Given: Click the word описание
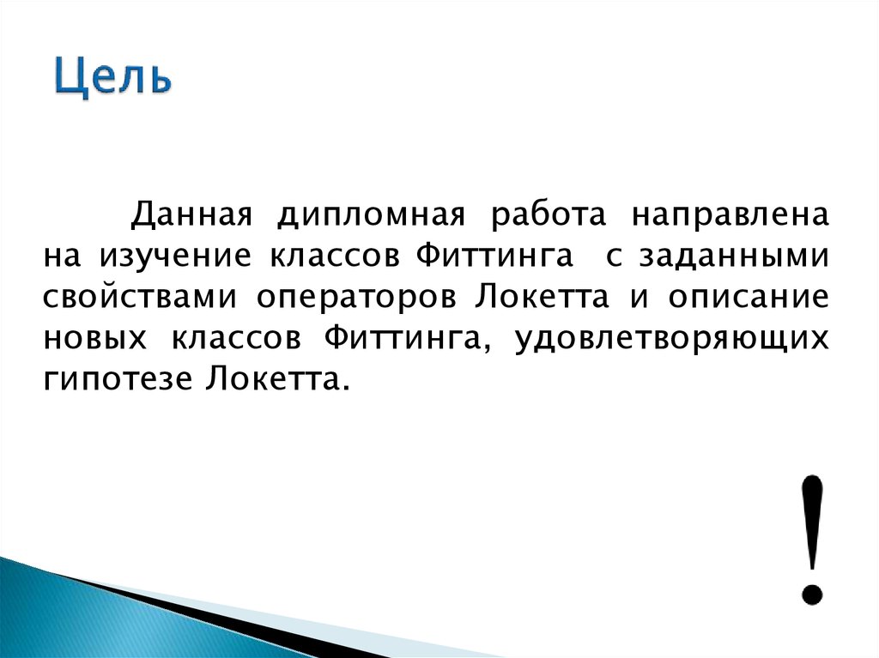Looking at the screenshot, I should point(746,296).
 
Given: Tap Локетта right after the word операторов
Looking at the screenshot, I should point(541,296).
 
